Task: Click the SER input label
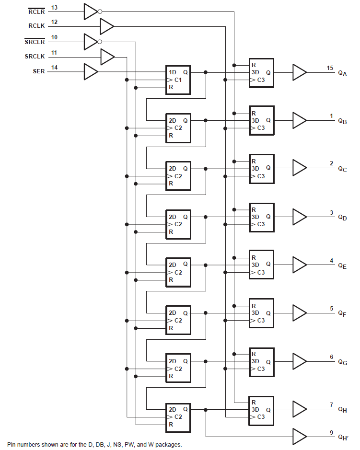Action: [38, 72]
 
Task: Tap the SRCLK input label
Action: [35, 57]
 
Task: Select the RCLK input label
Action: [36, 26]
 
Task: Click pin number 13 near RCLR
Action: [54, 8]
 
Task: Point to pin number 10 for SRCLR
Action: [54, 37]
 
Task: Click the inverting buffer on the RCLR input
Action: [92, 12]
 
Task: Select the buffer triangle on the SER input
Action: [90, 72]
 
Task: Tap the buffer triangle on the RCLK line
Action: [106, 26]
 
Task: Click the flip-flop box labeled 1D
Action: [178, 80]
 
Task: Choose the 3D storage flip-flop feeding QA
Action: [261, 73]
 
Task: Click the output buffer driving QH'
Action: [300, 436]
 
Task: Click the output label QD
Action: [342, 218]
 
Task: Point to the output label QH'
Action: [343, 437]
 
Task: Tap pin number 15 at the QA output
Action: [330, 68]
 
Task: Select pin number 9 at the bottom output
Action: [331, 432]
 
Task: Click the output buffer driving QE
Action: [300, 264]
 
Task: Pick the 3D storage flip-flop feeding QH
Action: [261, 410]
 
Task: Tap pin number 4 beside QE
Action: [331, 261]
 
